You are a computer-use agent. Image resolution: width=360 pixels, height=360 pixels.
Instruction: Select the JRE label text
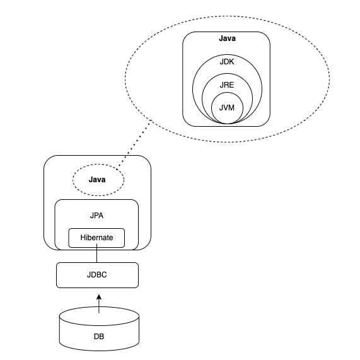(x=226, y=84)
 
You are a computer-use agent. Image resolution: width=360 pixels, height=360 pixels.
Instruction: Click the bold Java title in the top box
(x=226, y=39)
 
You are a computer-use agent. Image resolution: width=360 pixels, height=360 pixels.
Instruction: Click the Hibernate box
(x=96, y=238)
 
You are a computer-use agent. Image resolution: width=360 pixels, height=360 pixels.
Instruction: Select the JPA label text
(x=96, y=215)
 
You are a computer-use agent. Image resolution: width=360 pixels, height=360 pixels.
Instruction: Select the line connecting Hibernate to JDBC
(x=96, y=255)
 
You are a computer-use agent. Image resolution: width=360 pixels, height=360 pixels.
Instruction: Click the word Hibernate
(x=96, y=238)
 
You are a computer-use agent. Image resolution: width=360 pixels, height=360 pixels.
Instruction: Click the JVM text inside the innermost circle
(x=226, y=107)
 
